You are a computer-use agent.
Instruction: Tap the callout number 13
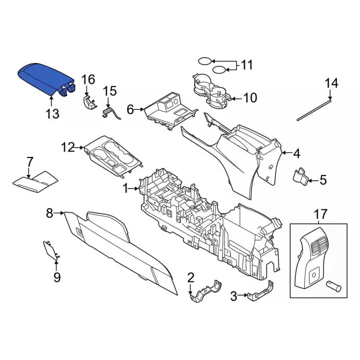click(x=52, y=114)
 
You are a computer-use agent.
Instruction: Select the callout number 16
click(x=88, y=79)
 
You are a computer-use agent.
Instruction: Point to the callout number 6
click(x=130, y=110)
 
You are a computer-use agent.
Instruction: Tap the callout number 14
click(x=331, y=83)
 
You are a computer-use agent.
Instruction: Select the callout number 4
click(x=296, y=152)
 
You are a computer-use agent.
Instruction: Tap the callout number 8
click(x=49, y=213)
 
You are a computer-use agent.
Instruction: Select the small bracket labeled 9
click(x=51, y=251)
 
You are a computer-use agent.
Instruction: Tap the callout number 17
click(x=320, y=214)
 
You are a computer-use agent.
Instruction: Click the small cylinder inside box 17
click(x=336, y=285)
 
